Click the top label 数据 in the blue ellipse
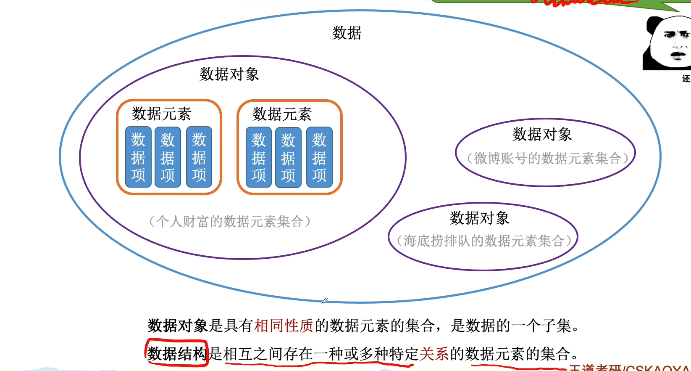tap(347, 33)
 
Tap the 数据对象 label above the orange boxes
tap(229, 74)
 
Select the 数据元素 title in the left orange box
tap(161, 114)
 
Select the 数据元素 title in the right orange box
tap(282, 114)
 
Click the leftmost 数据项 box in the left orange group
tap(138, 157)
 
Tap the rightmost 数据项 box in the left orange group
tap(199, 157)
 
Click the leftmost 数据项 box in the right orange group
tap(259, 157)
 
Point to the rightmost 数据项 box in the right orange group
tap(319, 157)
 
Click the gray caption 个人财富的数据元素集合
tap(230, 221)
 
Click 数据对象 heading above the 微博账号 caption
tap(542, 135)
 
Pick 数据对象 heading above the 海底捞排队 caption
tap(479, 218)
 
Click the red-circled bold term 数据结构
tap(177, 354)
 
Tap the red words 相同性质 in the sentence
tap(284, 326)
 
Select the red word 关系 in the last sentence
tap(434, 354)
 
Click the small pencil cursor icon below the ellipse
tap(324, 301)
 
